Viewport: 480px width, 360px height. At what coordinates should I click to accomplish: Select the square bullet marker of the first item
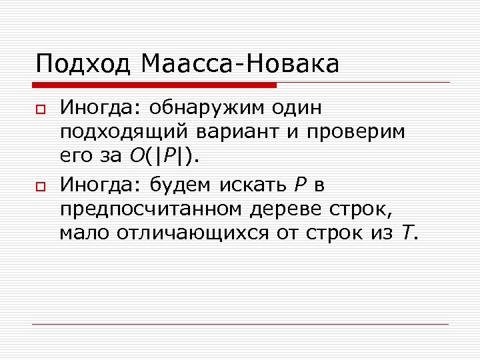pos(39,109)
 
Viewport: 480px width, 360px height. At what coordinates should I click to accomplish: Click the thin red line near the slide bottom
pos(240,325)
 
